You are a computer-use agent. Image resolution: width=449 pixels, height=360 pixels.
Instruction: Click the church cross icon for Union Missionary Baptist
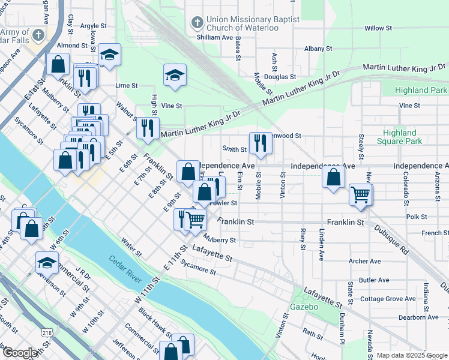pos(196,23)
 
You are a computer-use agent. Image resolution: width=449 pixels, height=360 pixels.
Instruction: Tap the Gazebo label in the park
pos(303,307)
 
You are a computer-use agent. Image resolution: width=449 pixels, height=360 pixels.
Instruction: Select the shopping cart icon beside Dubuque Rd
pos(360,194)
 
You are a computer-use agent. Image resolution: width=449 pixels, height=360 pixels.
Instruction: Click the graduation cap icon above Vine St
pos(175,75)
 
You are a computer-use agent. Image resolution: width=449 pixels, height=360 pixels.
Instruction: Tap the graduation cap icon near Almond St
pos(109,55)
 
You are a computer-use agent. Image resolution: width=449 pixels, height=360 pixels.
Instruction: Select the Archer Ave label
pos(365,262)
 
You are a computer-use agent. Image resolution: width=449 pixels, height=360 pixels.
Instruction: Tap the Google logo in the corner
pos(20,353)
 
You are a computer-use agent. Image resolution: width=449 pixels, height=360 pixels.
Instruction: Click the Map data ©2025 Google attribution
pos(411,355)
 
